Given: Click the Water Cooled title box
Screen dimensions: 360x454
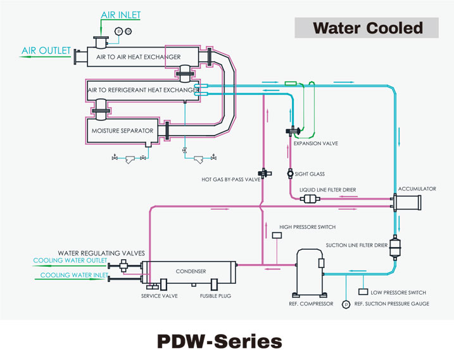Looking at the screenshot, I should pyautogui.click(x=367, y=28).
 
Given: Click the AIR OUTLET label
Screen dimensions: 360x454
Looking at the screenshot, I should pyautogui.click(x=46, y=51).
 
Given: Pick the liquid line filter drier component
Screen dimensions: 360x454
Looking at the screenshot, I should pyautogui.click(x=311, y=199).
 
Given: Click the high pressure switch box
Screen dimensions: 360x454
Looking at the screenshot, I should pyautogui.click(x=277, y=236).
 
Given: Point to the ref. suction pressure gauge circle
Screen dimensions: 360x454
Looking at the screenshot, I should pyautogui.click(x=346, y=304).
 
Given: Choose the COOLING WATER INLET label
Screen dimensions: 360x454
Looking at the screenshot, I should pyautogui.click(x=73, y=276).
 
